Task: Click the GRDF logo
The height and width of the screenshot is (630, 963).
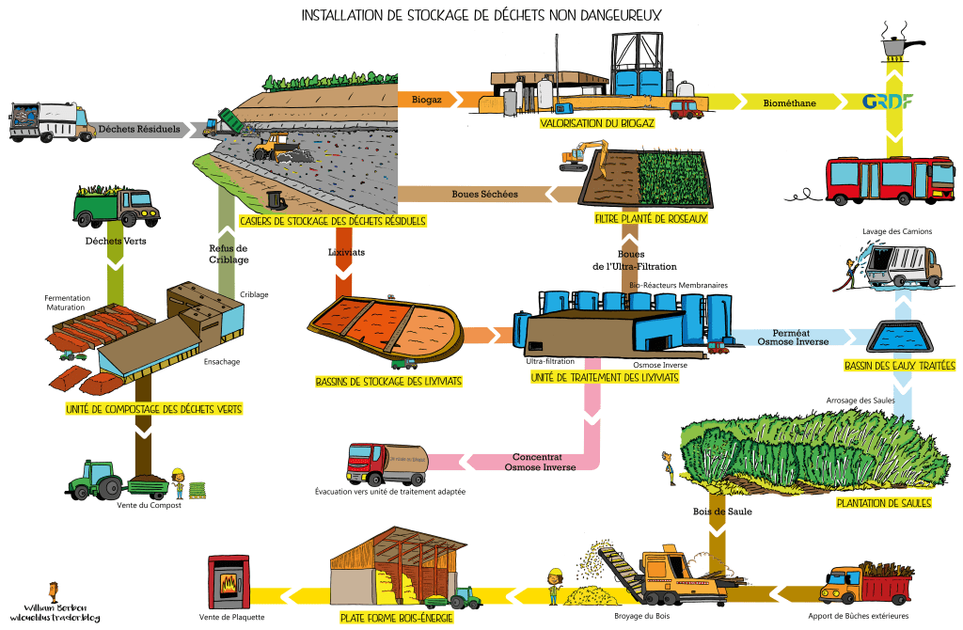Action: pos(888,102)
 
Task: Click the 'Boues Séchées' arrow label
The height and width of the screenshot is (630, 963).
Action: pos(484,195)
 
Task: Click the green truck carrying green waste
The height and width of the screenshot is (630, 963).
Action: pos(111,204)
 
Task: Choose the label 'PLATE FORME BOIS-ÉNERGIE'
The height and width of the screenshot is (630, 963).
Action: pos(396,618)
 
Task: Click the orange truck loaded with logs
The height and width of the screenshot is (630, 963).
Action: pos(865,583)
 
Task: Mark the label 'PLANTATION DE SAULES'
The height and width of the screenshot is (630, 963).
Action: pos(883,503)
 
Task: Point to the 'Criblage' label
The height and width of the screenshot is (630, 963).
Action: pos(254,294)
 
